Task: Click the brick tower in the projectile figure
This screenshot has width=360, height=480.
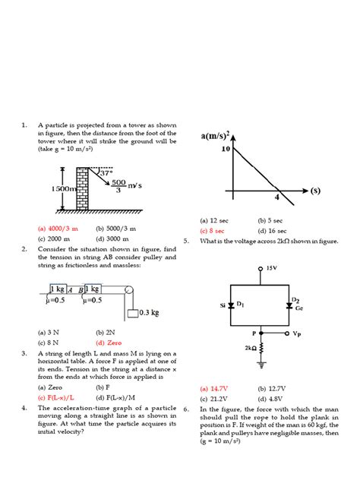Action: pyautogui.click(x=83, y=189)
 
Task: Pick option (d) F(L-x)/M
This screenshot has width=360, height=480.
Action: pyautogui.click(x=115, y=396)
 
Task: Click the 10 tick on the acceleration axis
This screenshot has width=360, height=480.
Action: pyautogui.click(x=226, y=149)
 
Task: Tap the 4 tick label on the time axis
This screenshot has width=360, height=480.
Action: pyautogui.click(x=278, y=197)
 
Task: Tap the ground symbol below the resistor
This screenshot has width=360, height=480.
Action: pyautogui.click(x=262, y=364)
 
